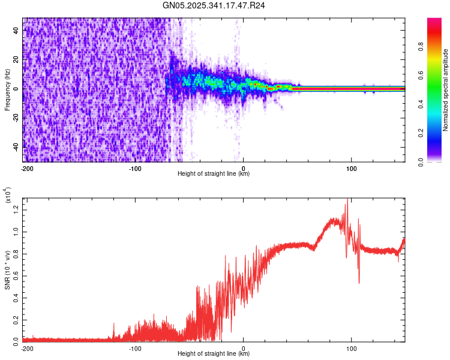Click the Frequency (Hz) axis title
[7, 90]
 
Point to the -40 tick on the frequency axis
[16, 146]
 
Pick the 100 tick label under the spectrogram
[351, 167]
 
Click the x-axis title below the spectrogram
[214, 173]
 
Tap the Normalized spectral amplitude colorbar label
[446, 90]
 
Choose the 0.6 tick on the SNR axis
[16, 275]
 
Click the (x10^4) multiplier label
[7, 196]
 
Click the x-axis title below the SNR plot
[214, 354]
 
